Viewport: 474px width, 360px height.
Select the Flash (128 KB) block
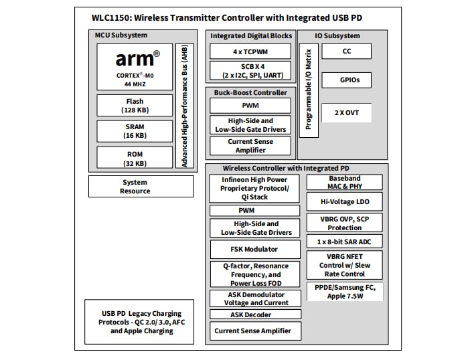(135, 105)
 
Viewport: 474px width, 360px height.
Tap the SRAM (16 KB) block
(135, 130)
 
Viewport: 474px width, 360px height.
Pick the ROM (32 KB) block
(135, 157)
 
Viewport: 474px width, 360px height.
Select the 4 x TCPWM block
(250, 52)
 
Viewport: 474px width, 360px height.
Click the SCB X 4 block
(250, 70)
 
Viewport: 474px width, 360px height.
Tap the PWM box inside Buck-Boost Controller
(250, 106)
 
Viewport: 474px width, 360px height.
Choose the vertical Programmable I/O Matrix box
(308, 90)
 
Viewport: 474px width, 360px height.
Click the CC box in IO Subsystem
(346, 51)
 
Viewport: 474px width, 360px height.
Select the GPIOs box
(346, 80)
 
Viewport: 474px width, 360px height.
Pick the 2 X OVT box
(346, 112)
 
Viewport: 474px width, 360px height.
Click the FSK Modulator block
(254, 250)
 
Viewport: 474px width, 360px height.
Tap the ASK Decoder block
(254, 314)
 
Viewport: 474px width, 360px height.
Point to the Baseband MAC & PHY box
(345, 183)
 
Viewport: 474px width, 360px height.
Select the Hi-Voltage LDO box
(345, 201)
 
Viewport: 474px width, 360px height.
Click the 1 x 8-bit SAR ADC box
(345, 241)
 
